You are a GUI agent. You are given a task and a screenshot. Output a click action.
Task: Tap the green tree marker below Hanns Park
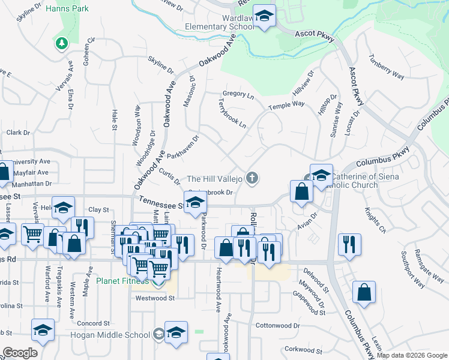[x=61, y=43]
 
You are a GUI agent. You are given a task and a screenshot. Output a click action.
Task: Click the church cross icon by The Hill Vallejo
[x=253, y=178]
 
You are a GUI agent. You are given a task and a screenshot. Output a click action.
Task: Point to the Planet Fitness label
[x=122, y=280]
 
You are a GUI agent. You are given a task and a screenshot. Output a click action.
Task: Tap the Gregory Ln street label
[x=238, y=94]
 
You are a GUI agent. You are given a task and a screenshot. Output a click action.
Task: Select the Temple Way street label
[x=286, y=105]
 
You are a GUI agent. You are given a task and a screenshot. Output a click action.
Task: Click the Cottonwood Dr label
[x=277, y=326]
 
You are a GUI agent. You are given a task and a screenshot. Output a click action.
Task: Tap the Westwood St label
[x=154, y=298]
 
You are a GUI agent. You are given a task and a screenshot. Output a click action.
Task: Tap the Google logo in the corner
[x=20, y=353]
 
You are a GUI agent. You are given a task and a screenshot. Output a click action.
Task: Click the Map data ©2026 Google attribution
[x=412, y=355]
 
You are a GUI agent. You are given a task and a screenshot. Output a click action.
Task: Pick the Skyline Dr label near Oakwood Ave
[x=161, y=65]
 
